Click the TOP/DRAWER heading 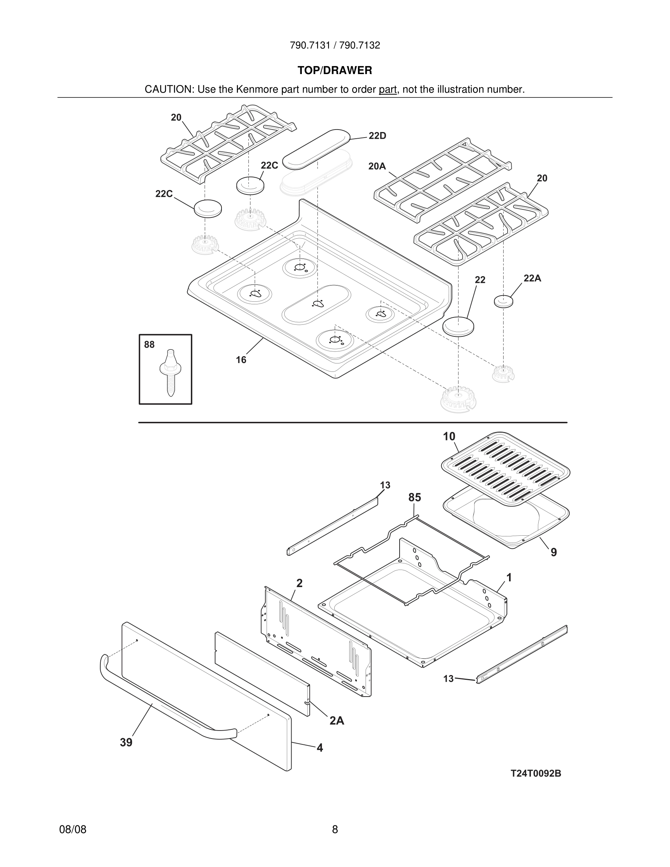click(335, 70)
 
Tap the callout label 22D click(377, 136)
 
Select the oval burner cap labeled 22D click(316, 149)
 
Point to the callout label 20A click(377, 166)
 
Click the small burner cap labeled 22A click(503, 301)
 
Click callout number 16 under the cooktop click(241, 360)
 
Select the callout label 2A click(336, 721)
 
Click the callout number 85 click(415, 497)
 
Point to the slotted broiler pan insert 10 click(506, 469)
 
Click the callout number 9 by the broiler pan click(554, 552)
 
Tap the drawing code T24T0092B click(535, 773)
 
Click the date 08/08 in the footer click(73, 829)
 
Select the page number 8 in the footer click(335, 829)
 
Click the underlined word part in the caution click(388, 89)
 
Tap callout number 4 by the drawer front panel click(320, 748)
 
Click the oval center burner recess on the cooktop click(316, 304)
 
